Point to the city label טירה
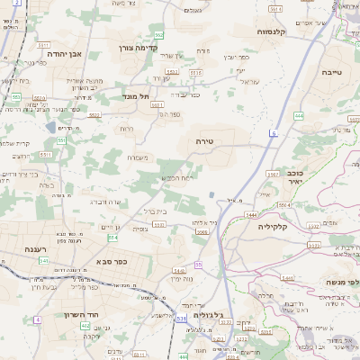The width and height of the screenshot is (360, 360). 202,141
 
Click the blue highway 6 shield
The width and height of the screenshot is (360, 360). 273,133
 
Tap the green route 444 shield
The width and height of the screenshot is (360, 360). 298,115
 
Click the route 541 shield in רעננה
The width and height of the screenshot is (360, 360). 44,261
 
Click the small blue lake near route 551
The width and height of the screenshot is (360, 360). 211,194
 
